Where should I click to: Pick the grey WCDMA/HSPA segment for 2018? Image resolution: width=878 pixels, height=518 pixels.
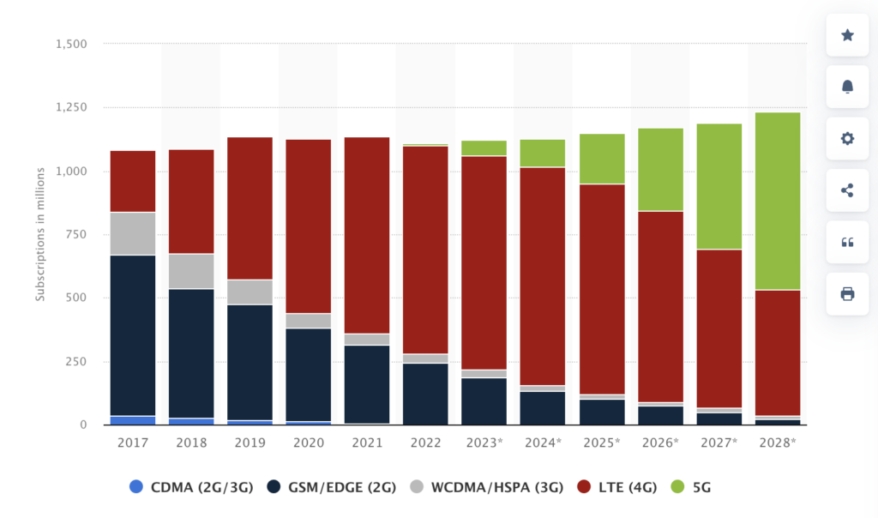191,271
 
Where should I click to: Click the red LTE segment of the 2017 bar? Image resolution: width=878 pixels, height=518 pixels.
133,181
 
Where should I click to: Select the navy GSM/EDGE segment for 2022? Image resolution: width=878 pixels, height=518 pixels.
425,394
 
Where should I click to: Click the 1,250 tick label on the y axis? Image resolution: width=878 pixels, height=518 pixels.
71,107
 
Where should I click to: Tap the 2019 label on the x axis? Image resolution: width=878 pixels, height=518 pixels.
250,443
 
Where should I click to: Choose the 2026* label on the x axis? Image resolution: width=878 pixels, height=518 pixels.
660,443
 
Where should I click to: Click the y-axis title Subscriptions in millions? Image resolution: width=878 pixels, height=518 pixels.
39,234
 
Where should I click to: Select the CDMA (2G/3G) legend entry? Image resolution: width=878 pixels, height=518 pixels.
189,487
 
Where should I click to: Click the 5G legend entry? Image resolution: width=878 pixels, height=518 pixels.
693,487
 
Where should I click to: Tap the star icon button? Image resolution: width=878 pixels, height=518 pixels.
847,35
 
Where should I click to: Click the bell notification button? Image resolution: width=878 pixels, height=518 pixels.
847,87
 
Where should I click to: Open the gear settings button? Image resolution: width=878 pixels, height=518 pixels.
847,138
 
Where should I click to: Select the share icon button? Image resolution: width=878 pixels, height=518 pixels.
847,190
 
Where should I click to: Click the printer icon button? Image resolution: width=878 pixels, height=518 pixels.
847,294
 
